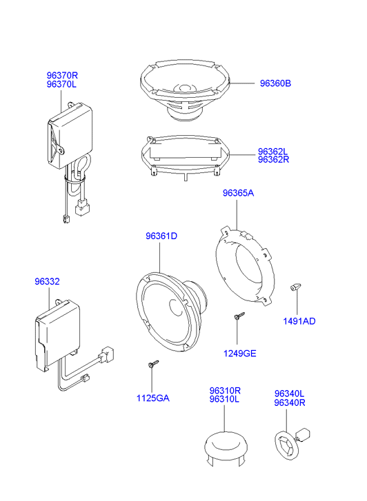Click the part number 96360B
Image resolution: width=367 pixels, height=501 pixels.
[x=275, y=83]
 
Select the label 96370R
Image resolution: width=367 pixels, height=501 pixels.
[x=62, y=76]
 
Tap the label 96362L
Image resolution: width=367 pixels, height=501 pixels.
[x=273, y=152]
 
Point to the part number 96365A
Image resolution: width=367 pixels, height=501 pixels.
[x=238, y=193]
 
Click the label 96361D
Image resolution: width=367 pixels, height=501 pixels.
[x=161, y=236]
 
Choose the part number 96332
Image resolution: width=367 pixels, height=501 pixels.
[x=47, y=281]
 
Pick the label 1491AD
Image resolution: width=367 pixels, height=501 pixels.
[x=299, y=321]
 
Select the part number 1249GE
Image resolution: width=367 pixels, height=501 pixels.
[x=239, y=354]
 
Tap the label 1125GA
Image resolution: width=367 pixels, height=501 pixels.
[x=153, y=398]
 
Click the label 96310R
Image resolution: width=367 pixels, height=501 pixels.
[x=225, y=391]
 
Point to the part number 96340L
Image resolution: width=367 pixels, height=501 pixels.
[x=289, y=393]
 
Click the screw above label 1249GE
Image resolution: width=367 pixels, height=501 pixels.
[x=239, y=316]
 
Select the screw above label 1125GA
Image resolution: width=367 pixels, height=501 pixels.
[x=153, y=364]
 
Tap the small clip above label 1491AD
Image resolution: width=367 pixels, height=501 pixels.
[x=295, y=287]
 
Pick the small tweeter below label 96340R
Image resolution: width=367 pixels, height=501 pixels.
[x=292, y=442]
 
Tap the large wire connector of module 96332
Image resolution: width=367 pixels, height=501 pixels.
[x=107, y=354]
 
